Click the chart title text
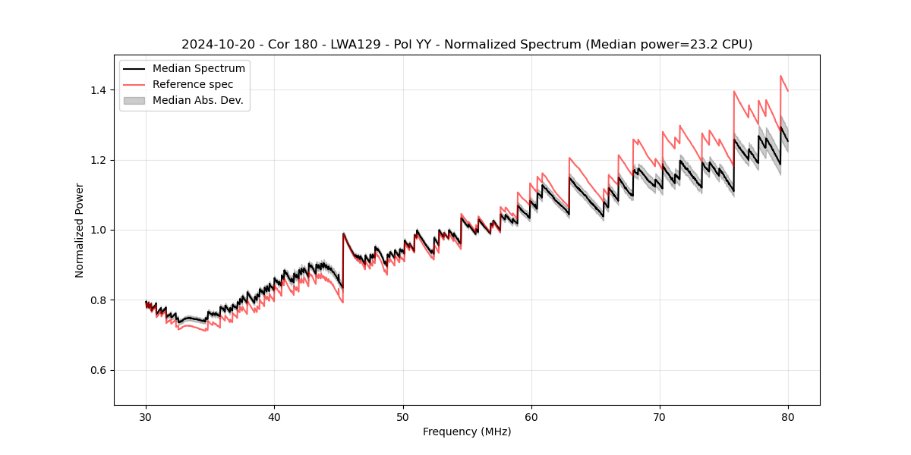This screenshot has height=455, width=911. pyautogui.click(x=467, y=45)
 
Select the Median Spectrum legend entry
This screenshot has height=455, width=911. pyautogui.click(x=198, y=69)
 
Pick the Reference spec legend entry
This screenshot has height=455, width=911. pyautogui.click(x=193, y=84)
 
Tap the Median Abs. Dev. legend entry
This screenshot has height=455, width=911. pyautogui.click(x=197, y=100)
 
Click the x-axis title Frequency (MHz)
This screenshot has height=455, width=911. pyautogui.click(x=467, y=431)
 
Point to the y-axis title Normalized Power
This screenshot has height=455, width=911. pyautogui.click(x=80, y=230)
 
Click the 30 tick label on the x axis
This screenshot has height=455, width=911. pyautogui.click(x=147, y=416)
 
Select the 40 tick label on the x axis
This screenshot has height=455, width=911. pyautogui.click(x=275, y=416)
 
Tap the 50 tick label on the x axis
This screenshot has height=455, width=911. pyautogui.click(x=403, y=416)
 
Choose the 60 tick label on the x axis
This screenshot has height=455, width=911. pyautogui.click(x=531, y=416)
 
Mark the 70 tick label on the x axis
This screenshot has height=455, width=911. pyautogui.click(x=660, y=416)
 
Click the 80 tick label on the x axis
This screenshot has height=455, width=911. pyautogui.click(x=788, y=416)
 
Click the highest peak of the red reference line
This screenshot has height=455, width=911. pyautogui.click(x=780, y=76)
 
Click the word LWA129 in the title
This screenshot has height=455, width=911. pyautogui.click(x=355, y=45)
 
